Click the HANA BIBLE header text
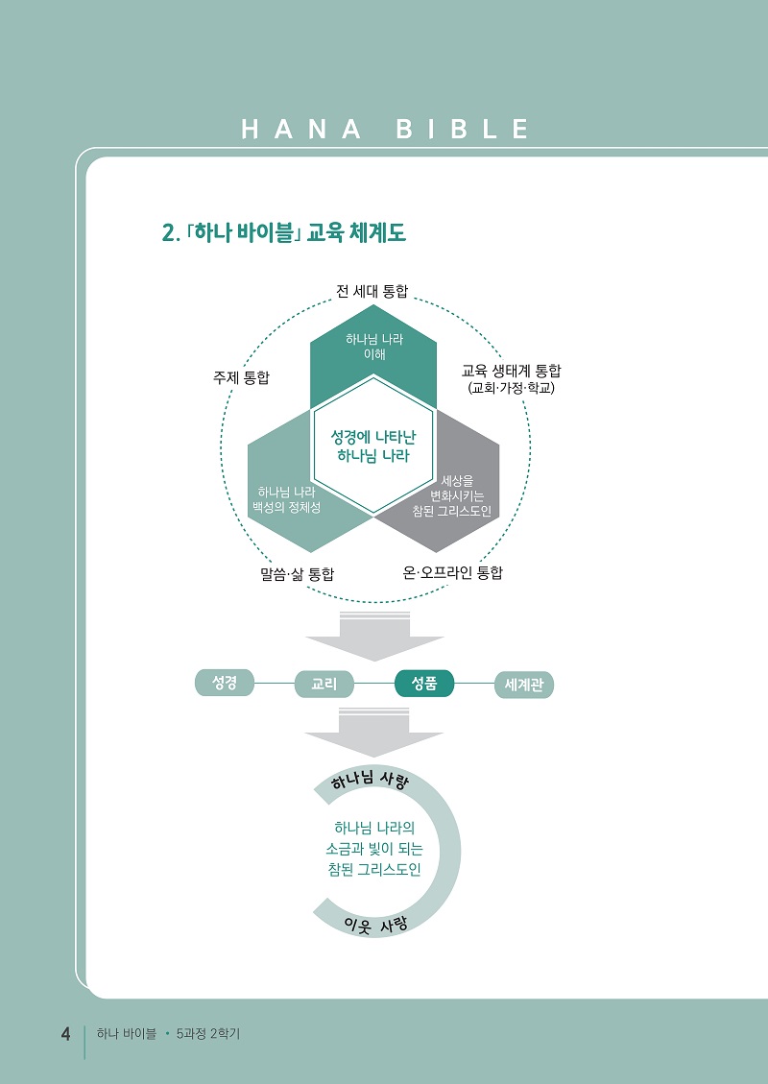386,130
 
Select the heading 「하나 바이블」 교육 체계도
284,233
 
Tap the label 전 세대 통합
372,291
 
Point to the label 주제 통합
241,377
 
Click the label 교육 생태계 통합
511,372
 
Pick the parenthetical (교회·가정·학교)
511,388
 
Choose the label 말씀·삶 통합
293,574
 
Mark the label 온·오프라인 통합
453,572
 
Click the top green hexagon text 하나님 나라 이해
374,347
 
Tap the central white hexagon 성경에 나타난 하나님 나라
373,446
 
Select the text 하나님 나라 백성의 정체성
286,499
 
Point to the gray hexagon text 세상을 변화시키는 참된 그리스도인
452,496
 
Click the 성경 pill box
225,683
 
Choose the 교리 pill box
324,684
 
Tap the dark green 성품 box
424,684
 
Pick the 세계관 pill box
524,686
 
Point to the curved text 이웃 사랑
376,925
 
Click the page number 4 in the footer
65,1035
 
